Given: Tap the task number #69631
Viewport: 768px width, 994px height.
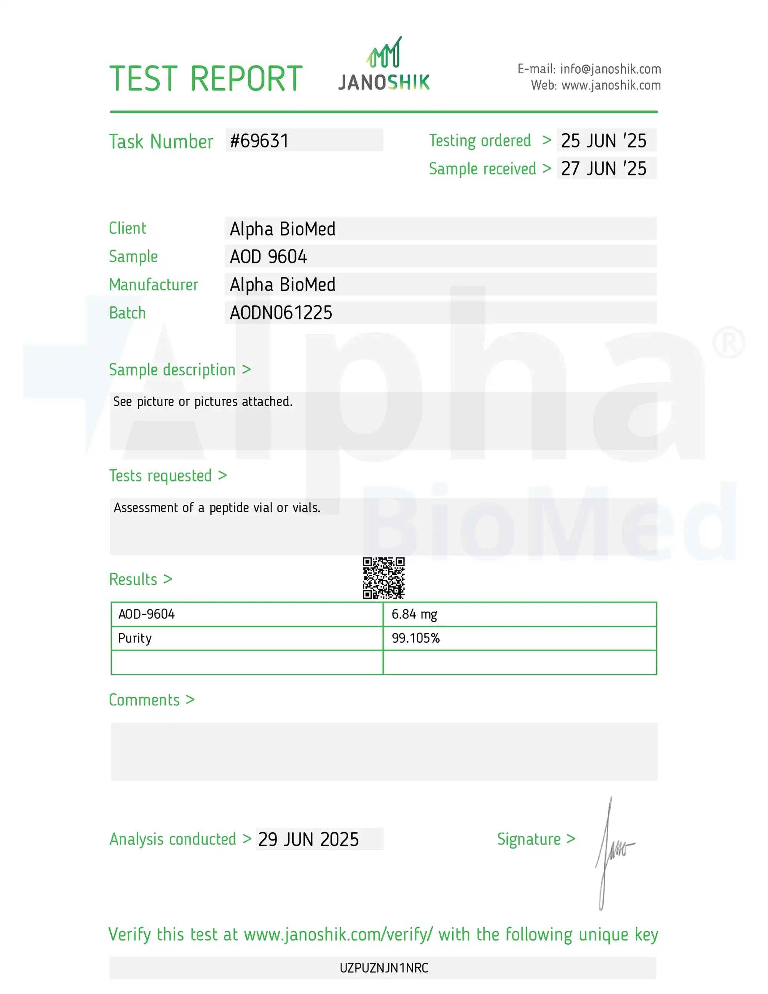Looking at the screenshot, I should click(259, 141).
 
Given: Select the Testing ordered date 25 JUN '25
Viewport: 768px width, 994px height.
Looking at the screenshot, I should click(603, 141).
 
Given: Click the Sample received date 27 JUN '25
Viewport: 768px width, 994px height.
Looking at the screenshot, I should click(603, 169).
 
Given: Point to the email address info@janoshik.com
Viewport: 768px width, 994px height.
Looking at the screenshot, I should click(610, 69).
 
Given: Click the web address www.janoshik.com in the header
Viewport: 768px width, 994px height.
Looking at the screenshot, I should click(611, 86).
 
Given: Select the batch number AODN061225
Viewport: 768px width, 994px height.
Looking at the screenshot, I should click(281, 313).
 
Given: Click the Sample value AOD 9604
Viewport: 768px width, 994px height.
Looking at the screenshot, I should click(268, 257).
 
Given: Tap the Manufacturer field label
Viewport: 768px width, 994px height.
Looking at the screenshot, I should click(154, 285).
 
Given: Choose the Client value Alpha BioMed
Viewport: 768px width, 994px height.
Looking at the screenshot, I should click(282, 229).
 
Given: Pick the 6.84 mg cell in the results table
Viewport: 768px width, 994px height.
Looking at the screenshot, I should click(414, 614).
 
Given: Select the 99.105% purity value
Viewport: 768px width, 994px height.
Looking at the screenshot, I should click(415, 638).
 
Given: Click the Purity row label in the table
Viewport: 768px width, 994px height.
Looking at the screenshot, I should click(135, 638).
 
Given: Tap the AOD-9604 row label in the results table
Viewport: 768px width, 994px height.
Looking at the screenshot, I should click(146, 614).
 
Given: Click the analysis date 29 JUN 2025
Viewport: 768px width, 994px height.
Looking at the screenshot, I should click(308, 839).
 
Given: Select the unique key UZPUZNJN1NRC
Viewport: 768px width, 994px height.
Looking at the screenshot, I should click(384, 968).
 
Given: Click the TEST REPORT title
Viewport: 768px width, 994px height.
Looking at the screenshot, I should click(206, 79).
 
